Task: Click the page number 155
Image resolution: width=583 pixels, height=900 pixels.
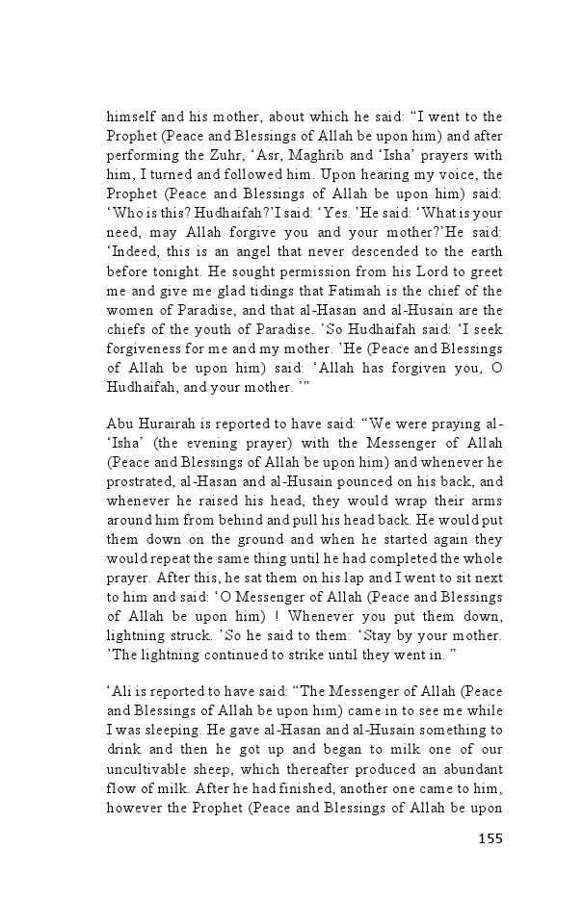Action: point(490,838)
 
